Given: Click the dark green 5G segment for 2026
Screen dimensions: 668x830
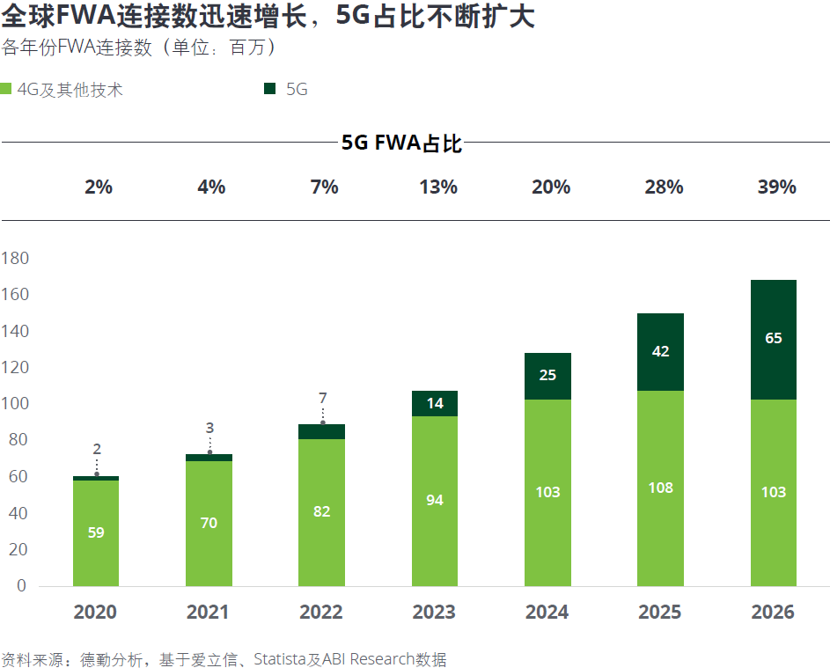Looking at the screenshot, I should (x=773, y=340).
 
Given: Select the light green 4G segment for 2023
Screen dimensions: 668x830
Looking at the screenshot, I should (x=435, y=501).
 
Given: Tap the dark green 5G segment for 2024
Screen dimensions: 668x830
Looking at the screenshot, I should (x=547, y=377).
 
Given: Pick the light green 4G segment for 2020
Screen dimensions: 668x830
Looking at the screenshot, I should (x=96, y=532).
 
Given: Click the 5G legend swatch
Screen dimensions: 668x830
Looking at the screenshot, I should (x=269, y=89).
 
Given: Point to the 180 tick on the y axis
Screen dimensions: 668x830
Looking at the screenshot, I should (x=15, y=258).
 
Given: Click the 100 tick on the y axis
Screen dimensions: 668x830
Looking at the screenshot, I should (x=15, y=404).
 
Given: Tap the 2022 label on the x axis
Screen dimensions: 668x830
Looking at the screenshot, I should (x=321, y=613).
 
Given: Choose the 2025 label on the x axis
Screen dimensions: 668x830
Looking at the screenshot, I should (x=660, y=613).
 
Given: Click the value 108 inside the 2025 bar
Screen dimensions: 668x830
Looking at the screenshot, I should (x=660, y=488).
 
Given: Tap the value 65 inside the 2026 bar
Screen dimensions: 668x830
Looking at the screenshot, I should (x=774, y=338).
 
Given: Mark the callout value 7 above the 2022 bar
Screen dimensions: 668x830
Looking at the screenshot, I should (x=322, y=399).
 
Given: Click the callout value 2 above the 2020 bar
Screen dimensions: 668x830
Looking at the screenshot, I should (x=97, y=450).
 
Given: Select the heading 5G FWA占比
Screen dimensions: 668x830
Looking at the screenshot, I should (x=401, y=143).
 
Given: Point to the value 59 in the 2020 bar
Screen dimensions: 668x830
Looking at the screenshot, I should (x=96, y=532).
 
